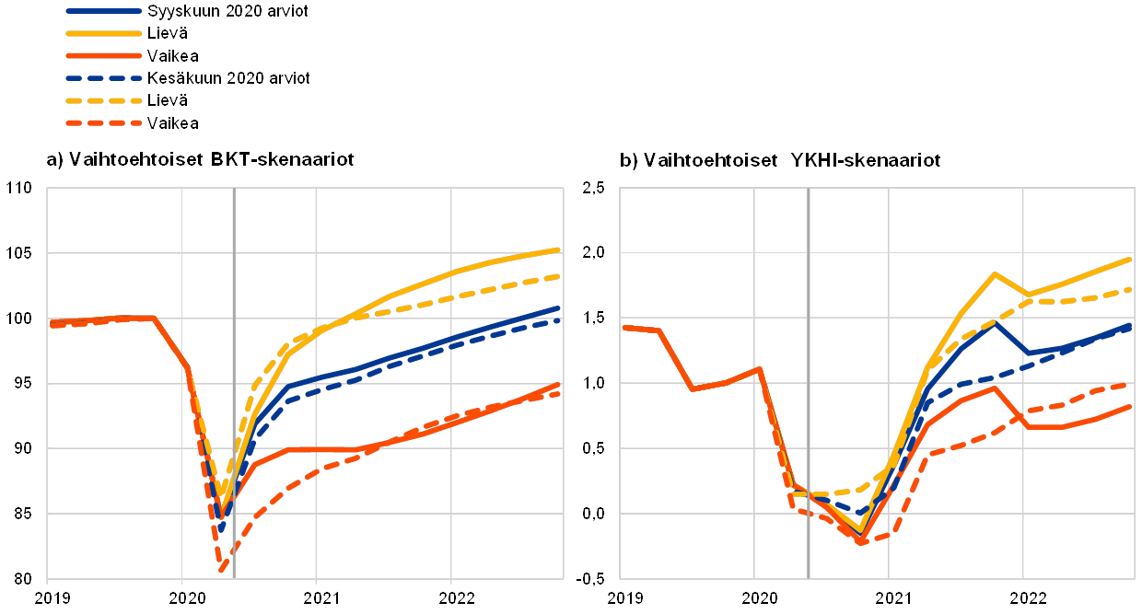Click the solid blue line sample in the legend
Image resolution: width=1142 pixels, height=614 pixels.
pyautogui.click(x=104, y=11)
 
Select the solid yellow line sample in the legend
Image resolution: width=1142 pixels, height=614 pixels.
pyautogui.click(x=104, y=34)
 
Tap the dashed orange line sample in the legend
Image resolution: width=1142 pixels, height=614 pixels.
pyautogui.click(x=104, y=122)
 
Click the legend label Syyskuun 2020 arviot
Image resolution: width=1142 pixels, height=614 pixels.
pyautogui.click(x=227, y=11)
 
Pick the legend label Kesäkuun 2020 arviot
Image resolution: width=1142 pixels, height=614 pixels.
pyautogui.click(x=228, y=78)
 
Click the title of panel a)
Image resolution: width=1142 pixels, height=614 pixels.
pyautogui.click(x=200, y=161)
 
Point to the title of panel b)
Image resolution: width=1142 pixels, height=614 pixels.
pyautogui.click(x=783, y=161)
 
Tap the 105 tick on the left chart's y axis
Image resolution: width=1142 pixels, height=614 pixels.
pyautogui.click(x=20, y=253)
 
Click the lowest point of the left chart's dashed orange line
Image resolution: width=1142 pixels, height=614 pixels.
pyautogui.click(x=223, y=571)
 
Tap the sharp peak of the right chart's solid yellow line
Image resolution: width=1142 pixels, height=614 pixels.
pyautogui.click(x=995, y=273)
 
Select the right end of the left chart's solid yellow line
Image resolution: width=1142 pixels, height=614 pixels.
pyautogui.click(x=560, y=249)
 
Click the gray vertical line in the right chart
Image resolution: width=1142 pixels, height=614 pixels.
pyautogui.click(x=809, y=368)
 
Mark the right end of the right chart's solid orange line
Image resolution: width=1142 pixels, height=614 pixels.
pyautogui.click(x=1131, y=406)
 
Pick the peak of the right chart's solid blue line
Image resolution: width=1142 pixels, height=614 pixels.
pyautogui.click(x=995, y=322)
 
